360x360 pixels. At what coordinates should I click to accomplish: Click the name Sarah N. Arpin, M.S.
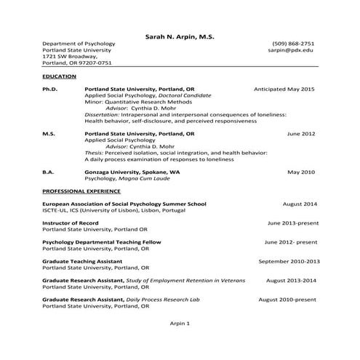coord(180,35)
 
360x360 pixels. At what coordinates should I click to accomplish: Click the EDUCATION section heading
coord(59,76)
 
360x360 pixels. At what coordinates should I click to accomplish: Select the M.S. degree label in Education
coord(49,134)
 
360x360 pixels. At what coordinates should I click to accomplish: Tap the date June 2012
coord(300,134)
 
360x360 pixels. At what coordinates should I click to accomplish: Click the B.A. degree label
coord(48,172)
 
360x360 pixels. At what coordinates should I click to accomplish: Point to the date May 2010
coord(300,172)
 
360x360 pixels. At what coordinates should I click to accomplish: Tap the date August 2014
coord(300,204)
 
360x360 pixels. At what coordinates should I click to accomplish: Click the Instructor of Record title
coord(70,223)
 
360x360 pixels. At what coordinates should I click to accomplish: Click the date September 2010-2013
coord(289,260)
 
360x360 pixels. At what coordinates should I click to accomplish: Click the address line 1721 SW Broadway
coord(69,56)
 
